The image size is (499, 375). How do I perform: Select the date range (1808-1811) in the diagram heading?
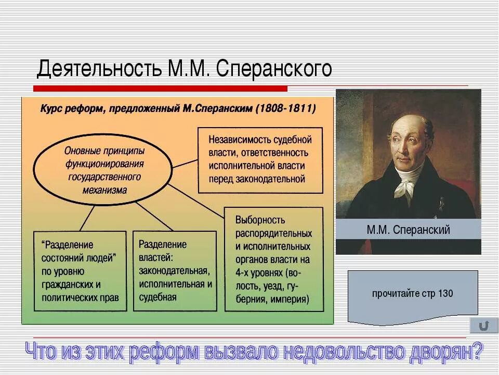pos(285,109)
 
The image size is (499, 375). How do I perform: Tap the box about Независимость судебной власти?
pos(260,159)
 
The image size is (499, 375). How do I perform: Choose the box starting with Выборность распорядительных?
pos(273,259)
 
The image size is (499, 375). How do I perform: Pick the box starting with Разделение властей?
pos(175,271)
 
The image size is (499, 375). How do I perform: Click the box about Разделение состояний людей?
pos(80,271)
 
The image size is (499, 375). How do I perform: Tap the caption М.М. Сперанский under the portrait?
pos(408,230)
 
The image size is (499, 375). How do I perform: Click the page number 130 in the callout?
pos(445,294)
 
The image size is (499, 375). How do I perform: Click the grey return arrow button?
pos(483,326)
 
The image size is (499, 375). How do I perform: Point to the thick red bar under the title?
pos(161,88)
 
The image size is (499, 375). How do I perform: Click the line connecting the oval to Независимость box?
pos(185,164)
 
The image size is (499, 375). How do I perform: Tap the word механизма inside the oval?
pos(104,190)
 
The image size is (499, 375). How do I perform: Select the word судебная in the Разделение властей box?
pos(158,297)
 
